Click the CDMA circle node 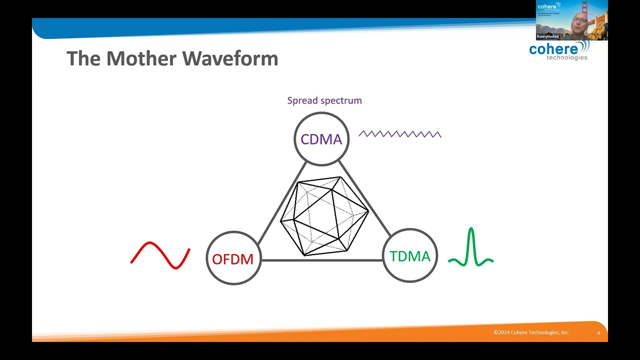coord(321,139)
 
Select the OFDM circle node coord(233,258)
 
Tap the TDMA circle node coord(409,256)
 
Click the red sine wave coord(160,255)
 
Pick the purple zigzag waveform coord(400,134)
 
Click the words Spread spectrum coord(324,100)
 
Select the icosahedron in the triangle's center coord(324,216)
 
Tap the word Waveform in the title coord(230,58)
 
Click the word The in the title coord(82,58)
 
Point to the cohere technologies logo coord(559,50)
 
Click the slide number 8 coord(598,333)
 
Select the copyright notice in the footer coord(531,332)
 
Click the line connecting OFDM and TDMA coord(321,260)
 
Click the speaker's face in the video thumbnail coord(578,21)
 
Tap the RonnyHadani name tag coord(547,36)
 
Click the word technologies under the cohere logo coord(567,57)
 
